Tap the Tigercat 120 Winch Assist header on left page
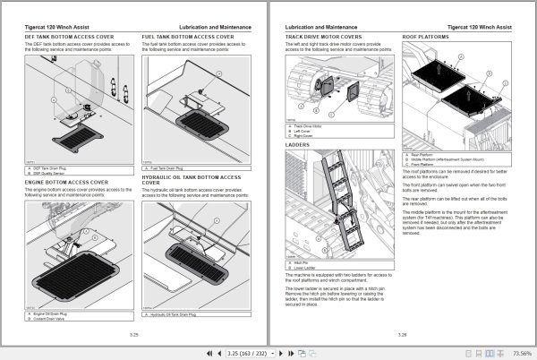pos(54,26)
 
